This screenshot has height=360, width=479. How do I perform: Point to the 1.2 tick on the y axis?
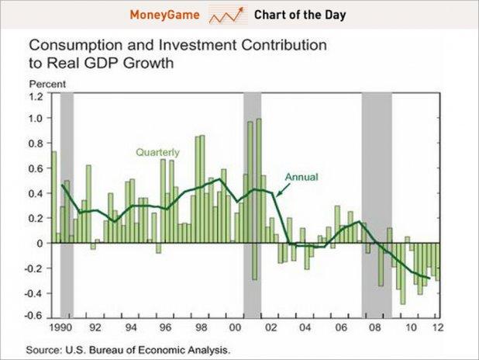36,96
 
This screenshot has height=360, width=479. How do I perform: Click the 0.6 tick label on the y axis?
36,168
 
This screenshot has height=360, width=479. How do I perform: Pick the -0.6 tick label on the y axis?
34,316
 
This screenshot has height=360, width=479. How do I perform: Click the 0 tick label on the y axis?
39,243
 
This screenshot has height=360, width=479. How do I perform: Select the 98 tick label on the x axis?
200,326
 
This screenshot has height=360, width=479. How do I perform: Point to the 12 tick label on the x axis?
438,326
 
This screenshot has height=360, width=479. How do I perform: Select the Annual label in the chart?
301,176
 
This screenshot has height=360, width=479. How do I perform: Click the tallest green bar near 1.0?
259,178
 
